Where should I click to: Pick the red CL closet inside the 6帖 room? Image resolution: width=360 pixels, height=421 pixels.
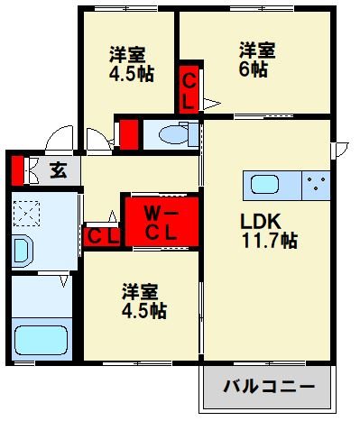coord(189,89)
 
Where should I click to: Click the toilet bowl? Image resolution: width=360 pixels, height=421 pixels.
coord(171,136)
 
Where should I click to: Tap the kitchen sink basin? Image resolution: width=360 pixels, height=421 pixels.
coord(264,185)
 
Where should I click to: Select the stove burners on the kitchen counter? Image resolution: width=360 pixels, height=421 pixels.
coord(317,185)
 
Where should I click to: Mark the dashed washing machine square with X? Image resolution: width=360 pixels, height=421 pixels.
coord(27,214)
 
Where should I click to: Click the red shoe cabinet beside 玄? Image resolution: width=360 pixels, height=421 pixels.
coord(16,169)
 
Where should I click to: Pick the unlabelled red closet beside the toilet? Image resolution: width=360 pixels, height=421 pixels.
coord(128,133)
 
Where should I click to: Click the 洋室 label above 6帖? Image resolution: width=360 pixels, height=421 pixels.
coord(256,49)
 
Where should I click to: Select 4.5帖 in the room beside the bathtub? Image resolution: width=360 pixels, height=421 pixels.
coord(144,311)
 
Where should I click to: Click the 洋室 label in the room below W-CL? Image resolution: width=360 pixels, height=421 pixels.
coord(141,291)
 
